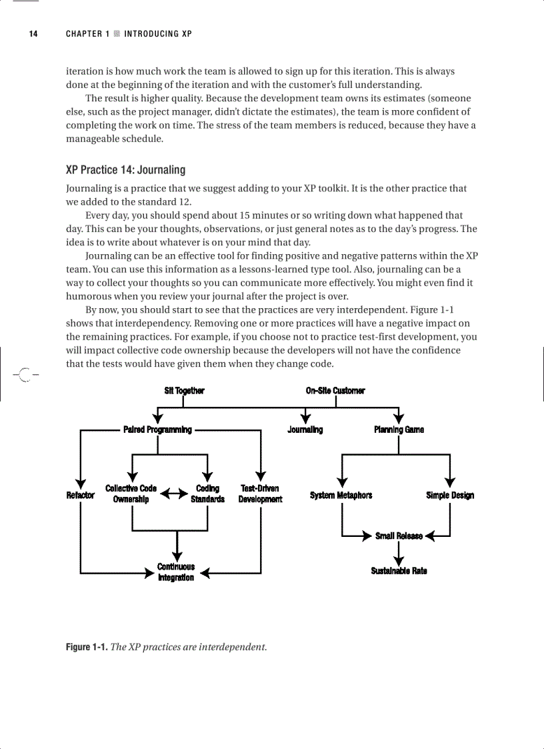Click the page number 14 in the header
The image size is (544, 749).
click(33, 33)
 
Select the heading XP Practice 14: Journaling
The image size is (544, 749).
click(125, 170)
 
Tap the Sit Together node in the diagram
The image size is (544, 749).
click(184, 391)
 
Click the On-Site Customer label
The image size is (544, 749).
click(335, 391)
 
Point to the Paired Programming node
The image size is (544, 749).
click(157, 430)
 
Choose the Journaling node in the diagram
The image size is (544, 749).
click(305, 430)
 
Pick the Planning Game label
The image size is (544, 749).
click(399, 430)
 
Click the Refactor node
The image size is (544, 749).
click(81, 496)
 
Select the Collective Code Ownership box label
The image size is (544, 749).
click(131, 494)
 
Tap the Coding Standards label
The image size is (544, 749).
click(207, 494)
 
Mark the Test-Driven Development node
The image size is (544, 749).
click(260, 494)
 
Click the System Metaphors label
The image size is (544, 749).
click(341, 496)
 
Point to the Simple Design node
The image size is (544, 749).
click(450, 496)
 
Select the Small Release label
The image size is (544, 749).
click(399, 536)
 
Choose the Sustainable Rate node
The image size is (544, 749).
click(399, 571)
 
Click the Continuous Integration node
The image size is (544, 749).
click(176, 572)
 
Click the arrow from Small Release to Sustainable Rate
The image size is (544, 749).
click(399, 552)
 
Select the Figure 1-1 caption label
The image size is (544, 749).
click(86, 647)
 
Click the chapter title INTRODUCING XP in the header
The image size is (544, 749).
click(158, 33)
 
